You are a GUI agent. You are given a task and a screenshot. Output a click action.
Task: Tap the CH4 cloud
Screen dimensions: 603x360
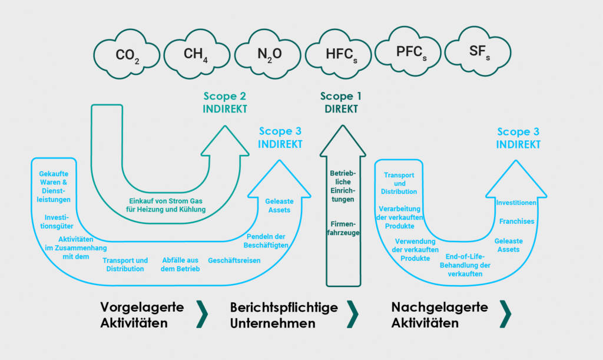click(x=197, y=54)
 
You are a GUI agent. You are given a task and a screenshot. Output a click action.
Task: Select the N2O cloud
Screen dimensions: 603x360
click(x=268, y=54)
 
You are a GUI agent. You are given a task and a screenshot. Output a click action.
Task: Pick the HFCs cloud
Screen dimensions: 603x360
click(x=339, y=54)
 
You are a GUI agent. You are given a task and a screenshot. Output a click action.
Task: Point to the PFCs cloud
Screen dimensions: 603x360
click(x=409, y=51)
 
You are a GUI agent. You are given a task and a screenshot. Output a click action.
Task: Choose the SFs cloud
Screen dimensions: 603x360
click(x=478, y=51)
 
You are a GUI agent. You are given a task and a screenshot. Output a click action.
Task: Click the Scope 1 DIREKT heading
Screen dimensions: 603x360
click(x=341, y=103)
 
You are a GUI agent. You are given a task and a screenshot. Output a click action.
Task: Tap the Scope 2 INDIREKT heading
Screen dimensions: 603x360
click(x=225, y=103)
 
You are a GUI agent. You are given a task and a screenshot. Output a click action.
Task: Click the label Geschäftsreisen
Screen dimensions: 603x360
click(x=234, y=260)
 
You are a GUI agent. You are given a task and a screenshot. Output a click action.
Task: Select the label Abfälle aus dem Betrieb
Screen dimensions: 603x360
click(x=180, y=265)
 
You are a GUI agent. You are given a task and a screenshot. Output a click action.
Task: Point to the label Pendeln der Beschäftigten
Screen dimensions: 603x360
click(x=266, y=241)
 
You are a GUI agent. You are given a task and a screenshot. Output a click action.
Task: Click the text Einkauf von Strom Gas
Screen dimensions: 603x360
click(x=165, y=201)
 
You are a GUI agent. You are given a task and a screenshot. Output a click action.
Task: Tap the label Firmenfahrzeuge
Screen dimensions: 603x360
click(x=343, y=228)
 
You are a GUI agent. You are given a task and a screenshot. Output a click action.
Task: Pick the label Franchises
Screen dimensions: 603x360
click(x=516, y=221)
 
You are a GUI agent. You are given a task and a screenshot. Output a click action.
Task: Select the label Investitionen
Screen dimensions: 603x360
click(x=516, y=203)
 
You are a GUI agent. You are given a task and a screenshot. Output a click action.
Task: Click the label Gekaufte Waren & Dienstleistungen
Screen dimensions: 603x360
click(x=54, y=187)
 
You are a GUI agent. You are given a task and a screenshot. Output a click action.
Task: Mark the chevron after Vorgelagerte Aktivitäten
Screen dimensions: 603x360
click(x=202, y=314)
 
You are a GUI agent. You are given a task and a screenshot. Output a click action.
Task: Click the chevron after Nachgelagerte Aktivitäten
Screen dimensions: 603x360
click(x=506, y=314)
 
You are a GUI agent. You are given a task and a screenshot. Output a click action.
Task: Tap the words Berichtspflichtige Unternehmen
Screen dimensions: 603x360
click(x=284, y=315)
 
